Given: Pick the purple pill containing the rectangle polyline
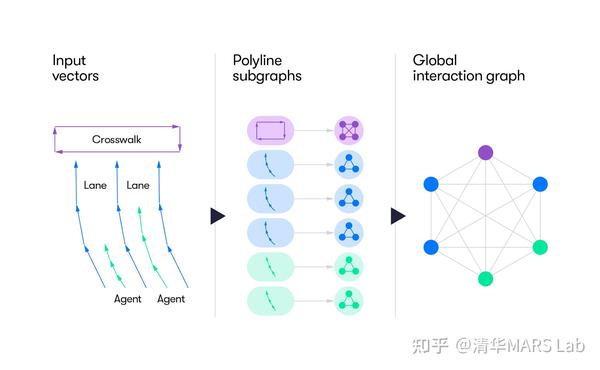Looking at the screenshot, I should point(269,130).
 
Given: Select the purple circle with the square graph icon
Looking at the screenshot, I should point(349,130).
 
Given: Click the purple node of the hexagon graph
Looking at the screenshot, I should point(485,153).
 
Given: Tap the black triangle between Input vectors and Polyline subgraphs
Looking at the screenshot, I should point(217,216).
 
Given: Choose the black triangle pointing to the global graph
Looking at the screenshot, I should point(397,216).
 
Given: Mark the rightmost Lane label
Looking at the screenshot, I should point(137,185).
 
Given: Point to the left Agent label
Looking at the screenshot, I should point(127,299).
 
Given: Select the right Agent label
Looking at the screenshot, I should point(171,299).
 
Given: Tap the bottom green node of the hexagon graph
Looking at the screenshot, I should point(485,279).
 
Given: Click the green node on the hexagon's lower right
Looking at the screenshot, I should point(540,247).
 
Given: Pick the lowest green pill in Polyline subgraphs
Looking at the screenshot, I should point(269,300).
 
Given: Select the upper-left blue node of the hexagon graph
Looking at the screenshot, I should point(431,184).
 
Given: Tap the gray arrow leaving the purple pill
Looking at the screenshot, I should point(318,130).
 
